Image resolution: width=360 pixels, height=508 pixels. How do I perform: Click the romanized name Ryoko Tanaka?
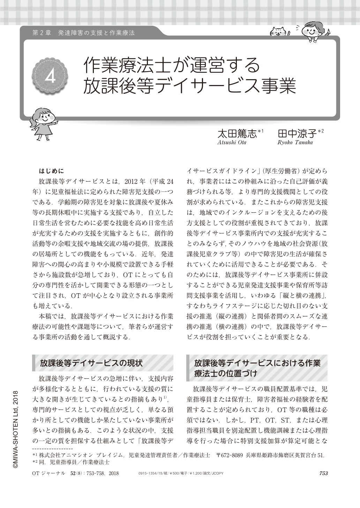point(295,142)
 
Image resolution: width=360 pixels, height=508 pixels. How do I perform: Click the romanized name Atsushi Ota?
point(232,142)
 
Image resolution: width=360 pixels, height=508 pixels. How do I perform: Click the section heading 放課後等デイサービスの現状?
point(91,363)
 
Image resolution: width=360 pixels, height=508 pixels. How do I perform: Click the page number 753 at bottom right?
point(323,473)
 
